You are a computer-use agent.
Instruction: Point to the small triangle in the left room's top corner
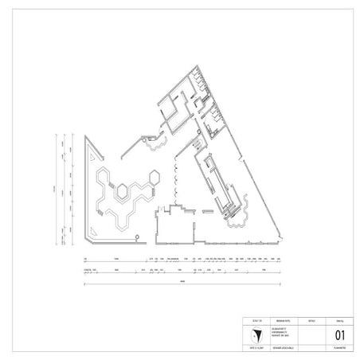click(x=88, y=143)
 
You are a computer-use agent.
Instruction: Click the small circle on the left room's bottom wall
click(x=136, y=237)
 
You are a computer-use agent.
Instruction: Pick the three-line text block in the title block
click(x=268, y=335)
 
